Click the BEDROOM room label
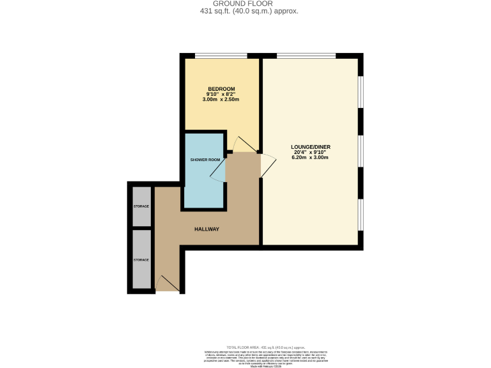(221, 88)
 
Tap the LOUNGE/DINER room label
(310, 146)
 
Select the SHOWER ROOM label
(205, 159)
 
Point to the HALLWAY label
(207, 229)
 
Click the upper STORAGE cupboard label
(141, 206)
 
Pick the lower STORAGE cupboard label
(141, 260)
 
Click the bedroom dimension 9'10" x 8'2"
(221, 94)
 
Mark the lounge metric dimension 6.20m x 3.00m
(310, 158)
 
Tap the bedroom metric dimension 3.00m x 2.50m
(221, 100)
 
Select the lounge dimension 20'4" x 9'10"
(310, 152)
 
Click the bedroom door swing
(242, 145)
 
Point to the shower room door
(219, 170)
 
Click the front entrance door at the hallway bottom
(168, 284)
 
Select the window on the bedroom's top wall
(221, 56)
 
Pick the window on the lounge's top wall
(306, 56)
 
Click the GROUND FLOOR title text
(245, 3)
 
